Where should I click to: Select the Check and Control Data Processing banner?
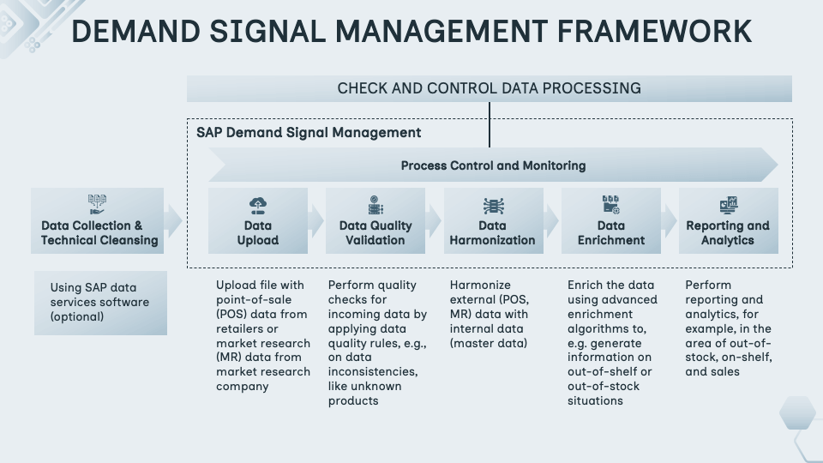[x=489, y=88]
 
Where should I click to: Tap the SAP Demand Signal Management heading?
[x=309, y=133]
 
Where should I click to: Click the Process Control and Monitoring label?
[x=493, y=165]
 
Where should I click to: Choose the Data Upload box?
[x=258, y=221]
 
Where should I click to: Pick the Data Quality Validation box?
[x=375, y=221]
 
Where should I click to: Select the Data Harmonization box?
[x=492, y=221]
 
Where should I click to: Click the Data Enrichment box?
[x=610, y=221]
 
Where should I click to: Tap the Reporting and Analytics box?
[x=728, y=221]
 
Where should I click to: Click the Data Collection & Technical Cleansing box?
[x=98, y=221]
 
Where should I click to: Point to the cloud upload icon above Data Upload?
[x=258, y=205]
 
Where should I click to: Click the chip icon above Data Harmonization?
[x=492, y=206]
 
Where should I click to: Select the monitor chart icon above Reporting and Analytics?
[x=728, y=205]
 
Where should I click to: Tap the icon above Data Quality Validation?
[x=375, y=206]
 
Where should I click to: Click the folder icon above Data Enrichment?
[x=610, y=205]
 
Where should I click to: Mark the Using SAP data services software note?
[x=100, y=303]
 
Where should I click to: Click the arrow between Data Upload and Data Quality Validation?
[x=316, y=221]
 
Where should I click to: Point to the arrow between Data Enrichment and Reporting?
[x=670, y=221]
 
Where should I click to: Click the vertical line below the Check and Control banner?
[x=490, y=124]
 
